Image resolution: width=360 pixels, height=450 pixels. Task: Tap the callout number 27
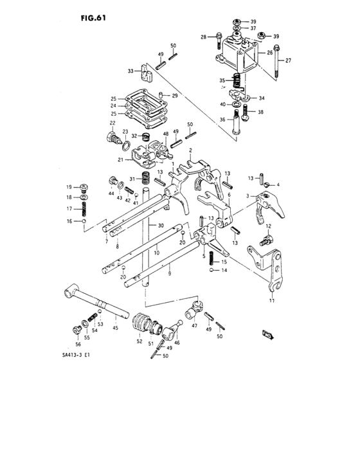click(x=289, y=61)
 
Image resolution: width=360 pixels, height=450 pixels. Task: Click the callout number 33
click(x=130, y=71)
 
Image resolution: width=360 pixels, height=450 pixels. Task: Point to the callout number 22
click(x=112, y=123)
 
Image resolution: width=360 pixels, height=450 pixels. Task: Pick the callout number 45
click(x=116, y=328)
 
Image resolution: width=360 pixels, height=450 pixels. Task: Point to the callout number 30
click(x=161, y=226)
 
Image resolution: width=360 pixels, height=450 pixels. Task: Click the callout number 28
click(x=203, y=38)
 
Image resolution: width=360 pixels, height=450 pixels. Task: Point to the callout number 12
click(x=269, y=226)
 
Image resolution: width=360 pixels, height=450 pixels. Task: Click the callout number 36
click(x=222, y=119)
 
